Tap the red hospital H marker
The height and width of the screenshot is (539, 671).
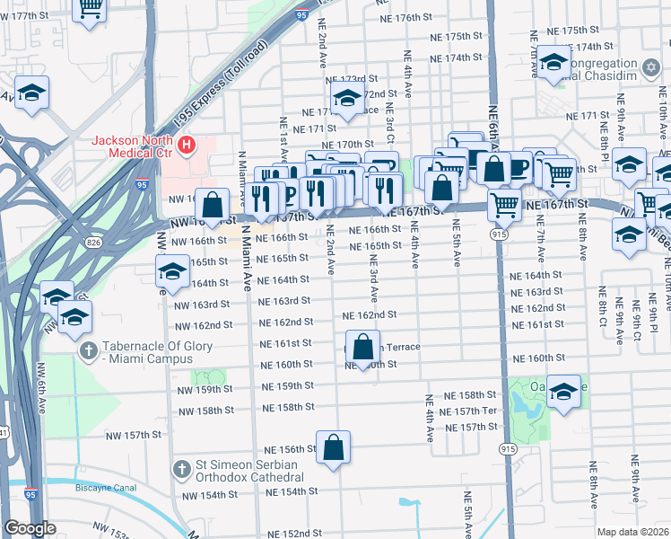[187, 144]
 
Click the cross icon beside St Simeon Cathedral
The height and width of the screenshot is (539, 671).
[181, 469]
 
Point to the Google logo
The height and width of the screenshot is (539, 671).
[30, 529]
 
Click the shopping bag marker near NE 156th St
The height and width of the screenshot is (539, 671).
[333, 447]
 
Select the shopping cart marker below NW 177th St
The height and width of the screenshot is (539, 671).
[90, 9]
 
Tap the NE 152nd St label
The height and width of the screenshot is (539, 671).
[292, 534]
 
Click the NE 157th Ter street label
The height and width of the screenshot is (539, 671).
[475, 411]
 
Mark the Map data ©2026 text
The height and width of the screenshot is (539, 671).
[633, 532]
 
